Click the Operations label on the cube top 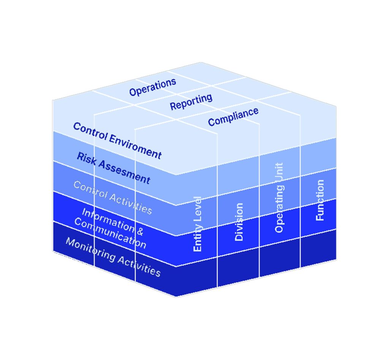153,87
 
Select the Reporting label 191,102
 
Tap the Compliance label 233,117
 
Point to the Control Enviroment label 117,141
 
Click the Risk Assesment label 114,168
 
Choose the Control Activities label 112,198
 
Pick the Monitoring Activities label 113,257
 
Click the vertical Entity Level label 198,224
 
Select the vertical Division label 239,222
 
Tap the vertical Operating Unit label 279,198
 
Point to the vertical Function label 320,200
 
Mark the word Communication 110,233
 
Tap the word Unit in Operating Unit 279,173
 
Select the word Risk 86,159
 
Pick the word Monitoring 90,249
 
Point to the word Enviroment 136,147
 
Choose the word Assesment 124,172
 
